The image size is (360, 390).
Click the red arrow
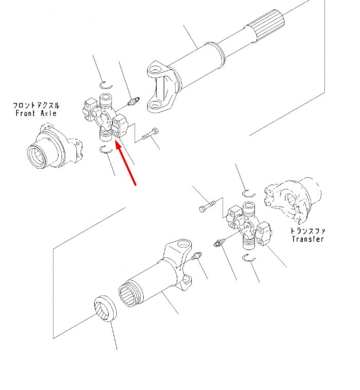pos(125,163)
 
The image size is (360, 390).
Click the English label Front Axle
pos(36,114)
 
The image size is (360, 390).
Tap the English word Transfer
pos(308,239)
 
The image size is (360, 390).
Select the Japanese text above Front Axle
pos(36,105)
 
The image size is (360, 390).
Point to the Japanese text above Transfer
pos(308,231)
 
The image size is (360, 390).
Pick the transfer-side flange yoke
pos(293,200)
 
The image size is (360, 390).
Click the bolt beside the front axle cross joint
pos(150,134)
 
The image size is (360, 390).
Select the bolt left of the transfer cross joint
pos(207,206)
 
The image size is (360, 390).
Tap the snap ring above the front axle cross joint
pos(105,85)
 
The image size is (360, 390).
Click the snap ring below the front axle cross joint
pos(106,150)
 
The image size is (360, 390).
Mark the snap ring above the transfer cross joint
pos(249,193)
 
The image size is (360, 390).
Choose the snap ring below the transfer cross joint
pos(249,258)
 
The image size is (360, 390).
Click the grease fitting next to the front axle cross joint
pos(133,101)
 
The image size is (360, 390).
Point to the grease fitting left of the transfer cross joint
pos(219,242)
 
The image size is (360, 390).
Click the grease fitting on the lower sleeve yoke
pos(198,255)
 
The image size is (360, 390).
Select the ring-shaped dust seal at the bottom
pos(105,309)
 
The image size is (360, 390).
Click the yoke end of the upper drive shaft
pos(163,86)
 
